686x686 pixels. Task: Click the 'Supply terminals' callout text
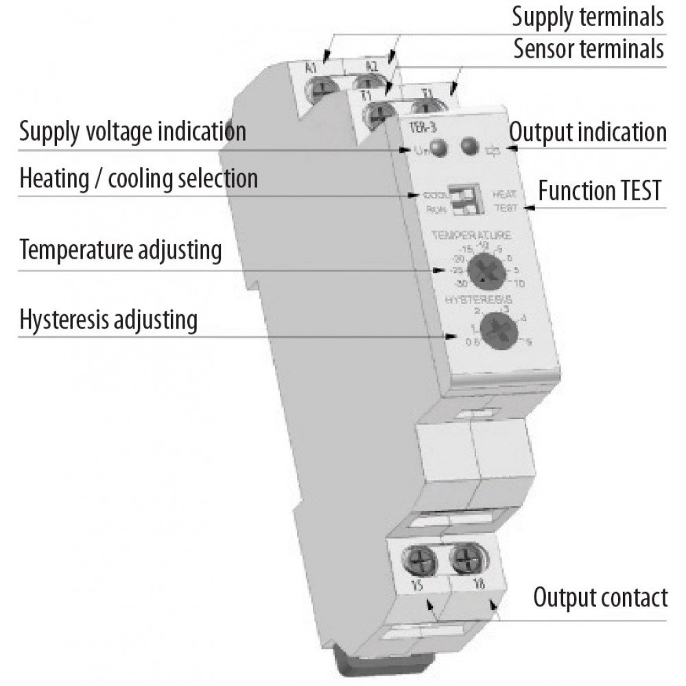(x=588, y=17)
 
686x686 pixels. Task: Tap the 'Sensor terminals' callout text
(x=588, y=49)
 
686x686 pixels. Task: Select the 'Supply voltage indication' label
(x=132, y=130)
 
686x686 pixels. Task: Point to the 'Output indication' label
(x=588, y=132)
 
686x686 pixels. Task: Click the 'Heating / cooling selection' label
(x=139, y=178)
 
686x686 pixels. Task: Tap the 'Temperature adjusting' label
(x=121, y=250)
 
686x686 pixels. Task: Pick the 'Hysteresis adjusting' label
(x=108, y=319)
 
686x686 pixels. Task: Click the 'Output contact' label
(x=600, y=598)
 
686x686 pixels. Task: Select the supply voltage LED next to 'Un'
(x=440, y=147)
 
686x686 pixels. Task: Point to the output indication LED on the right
(x=469, y=146)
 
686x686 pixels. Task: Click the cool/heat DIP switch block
(x=459, y=199)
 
